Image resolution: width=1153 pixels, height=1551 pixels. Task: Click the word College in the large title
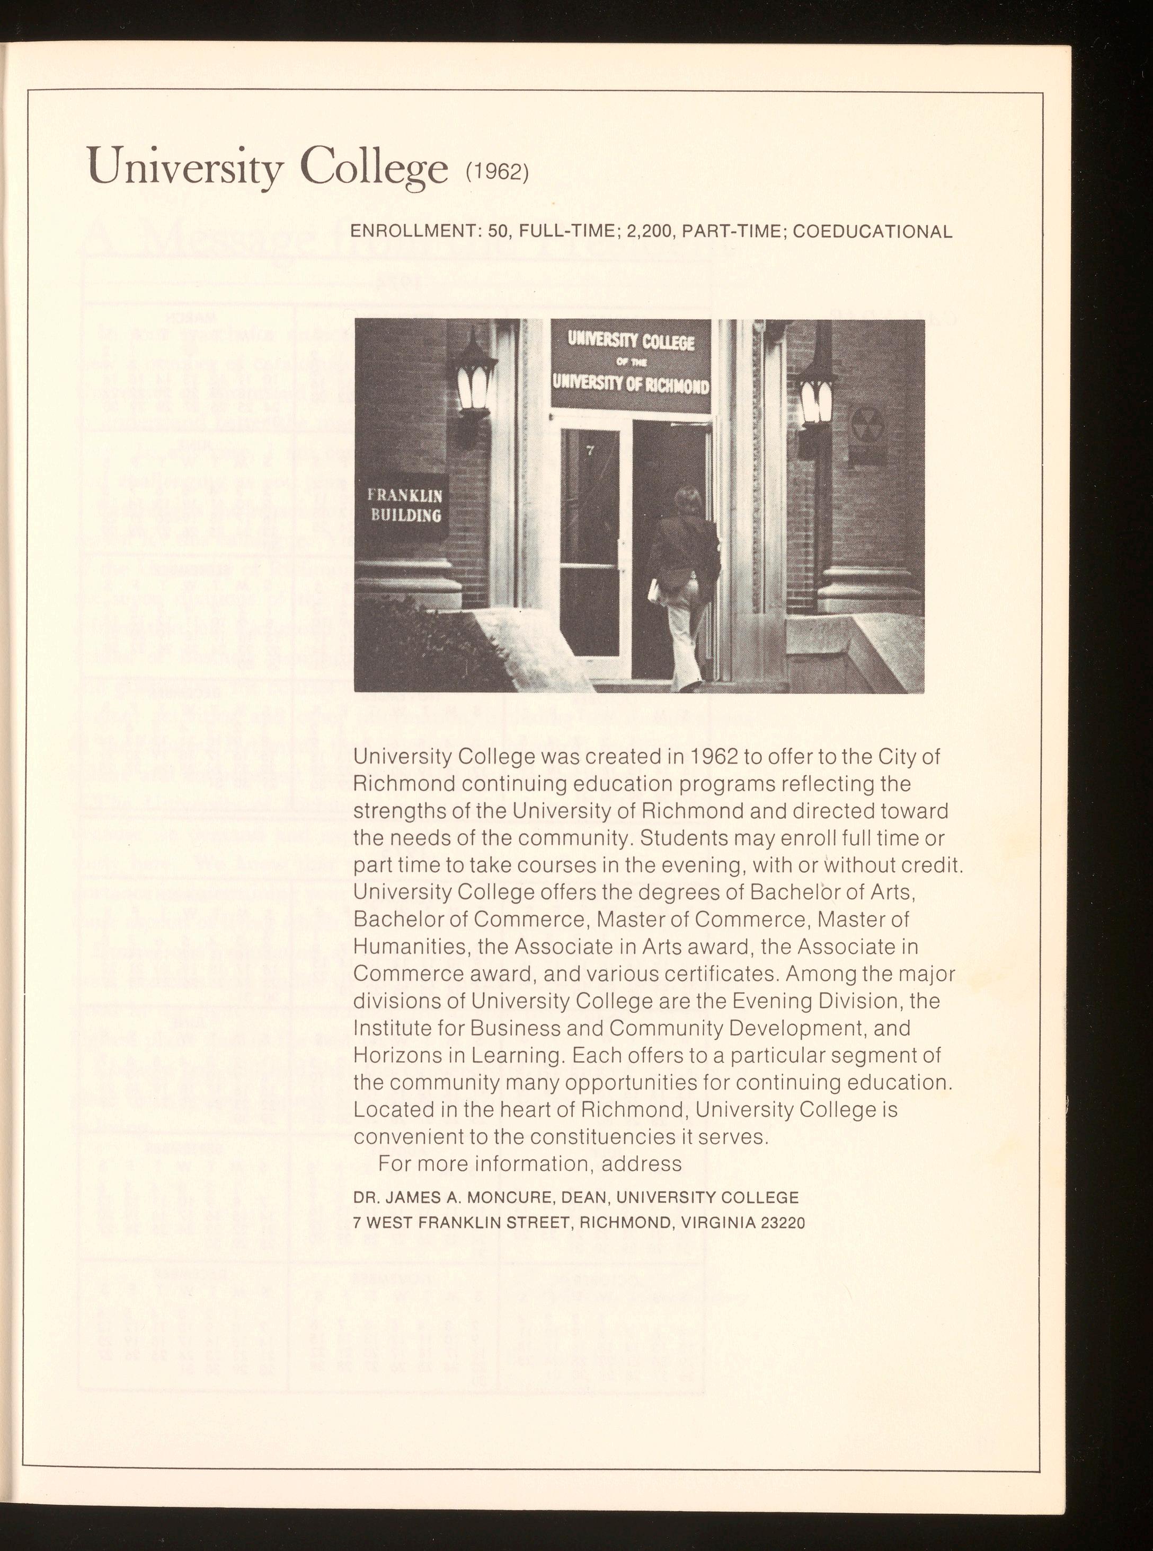[x=374, y=168]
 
